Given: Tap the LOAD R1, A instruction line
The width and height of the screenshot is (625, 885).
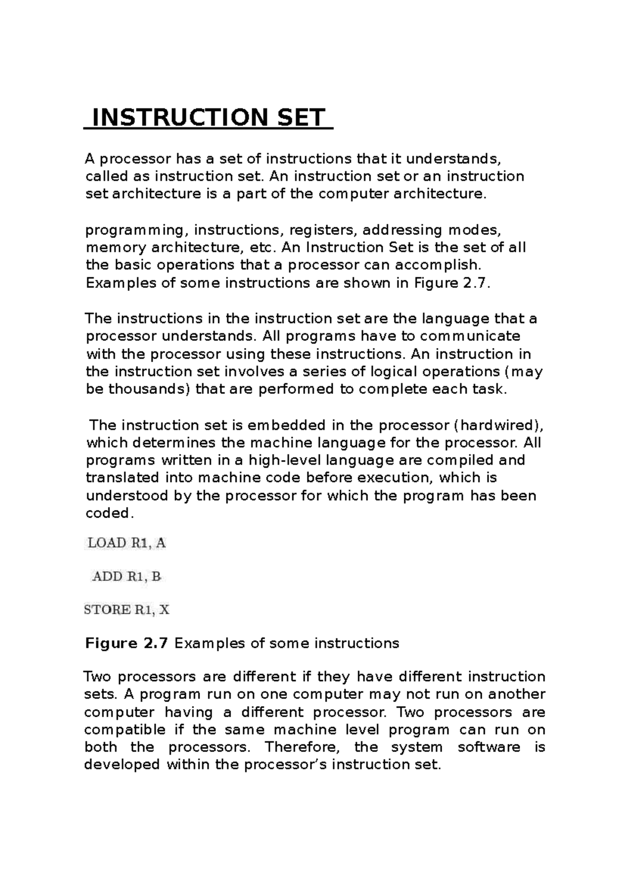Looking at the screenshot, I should point(126,543).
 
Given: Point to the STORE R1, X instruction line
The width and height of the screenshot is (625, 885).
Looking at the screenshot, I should point(127,610).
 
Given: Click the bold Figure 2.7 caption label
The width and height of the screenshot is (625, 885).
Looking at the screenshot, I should point(126,643).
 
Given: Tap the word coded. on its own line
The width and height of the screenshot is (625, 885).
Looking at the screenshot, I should point(109,513).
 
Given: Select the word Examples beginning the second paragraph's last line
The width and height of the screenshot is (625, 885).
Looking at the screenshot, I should point(121,283).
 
